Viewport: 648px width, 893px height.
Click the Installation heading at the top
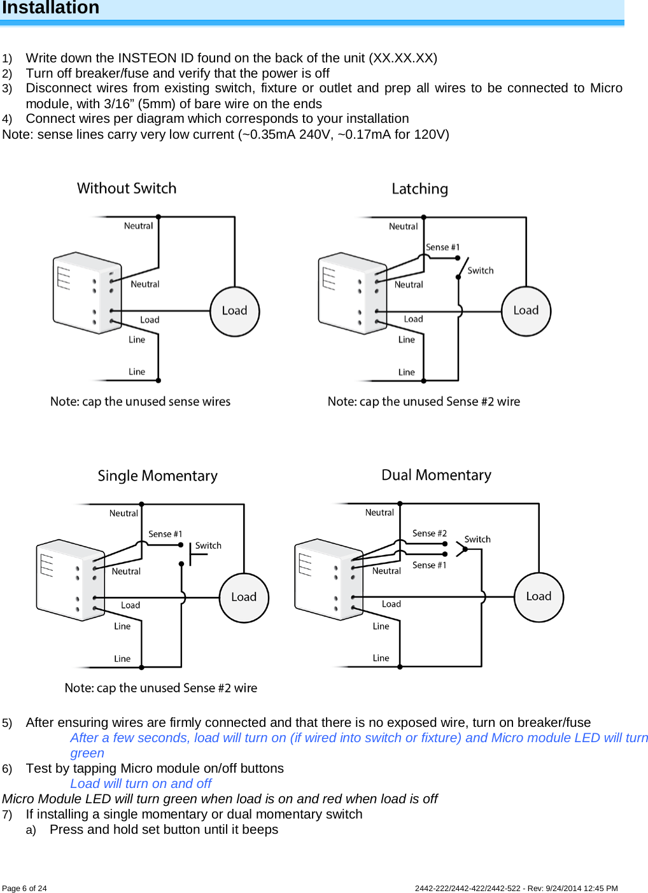pos(51,8)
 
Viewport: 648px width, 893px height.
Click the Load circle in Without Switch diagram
pos(234,311)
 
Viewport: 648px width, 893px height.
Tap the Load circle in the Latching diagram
pos(526,311)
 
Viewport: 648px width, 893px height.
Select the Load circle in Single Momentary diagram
pos(244,597)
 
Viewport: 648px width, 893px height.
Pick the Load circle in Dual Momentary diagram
pos(539,596)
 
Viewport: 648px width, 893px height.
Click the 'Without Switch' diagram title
pos(127,188)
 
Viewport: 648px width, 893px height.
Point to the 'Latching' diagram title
pos(419,189)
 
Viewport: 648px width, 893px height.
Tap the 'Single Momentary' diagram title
pos(157,476)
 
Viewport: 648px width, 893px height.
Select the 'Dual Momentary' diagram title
pos(436,475)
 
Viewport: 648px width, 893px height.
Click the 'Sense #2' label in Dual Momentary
pos(429,533)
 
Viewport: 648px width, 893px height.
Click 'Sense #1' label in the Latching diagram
pos(442,247)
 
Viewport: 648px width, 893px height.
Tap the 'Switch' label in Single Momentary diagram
pos(208,545)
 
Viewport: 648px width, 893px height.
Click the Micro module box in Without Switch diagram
pos(87,293)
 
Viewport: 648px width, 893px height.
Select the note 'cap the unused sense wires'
pos(140,402)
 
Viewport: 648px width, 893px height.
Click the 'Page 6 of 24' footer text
pos(24,889)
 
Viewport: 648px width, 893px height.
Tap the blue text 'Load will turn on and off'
pos(141,784)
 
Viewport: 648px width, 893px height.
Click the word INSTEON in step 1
pos(147,58)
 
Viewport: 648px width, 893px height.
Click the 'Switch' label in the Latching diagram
pos(480,271)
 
